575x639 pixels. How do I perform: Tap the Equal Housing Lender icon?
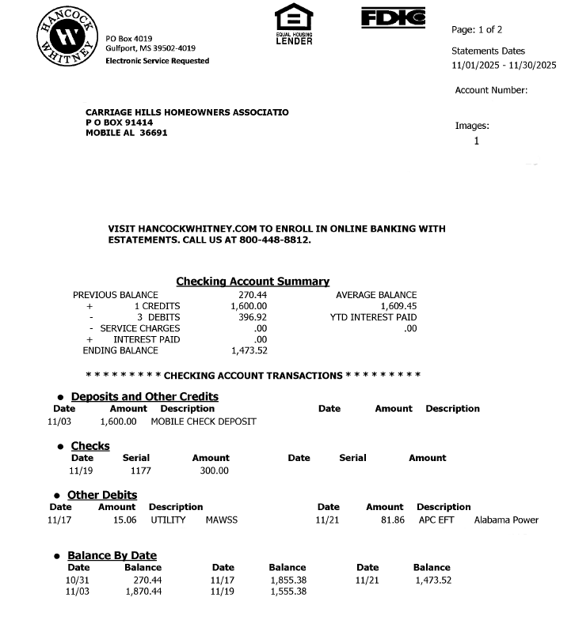pyautogui.click(x=293, y=24)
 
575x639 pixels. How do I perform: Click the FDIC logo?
pyautogui.click(x=393, y=17)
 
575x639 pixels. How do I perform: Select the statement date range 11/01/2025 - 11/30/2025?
pyautogui.click(x=504, y=66)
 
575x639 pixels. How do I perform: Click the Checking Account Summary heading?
pyautogui.click(x=253, y=282)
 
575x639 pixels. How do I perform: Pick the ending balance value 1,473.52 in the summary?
pyautogui.click(x=249, y=350)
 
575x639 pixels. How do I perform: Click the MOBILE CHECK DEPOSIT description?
pyautogui.click(x=204, y=422)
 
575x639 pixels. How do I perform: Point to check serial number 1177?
pyautogui.click(x=140, y=471)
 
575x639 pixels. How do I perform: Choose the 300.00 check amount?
pyautogui.click(x=214, y=471)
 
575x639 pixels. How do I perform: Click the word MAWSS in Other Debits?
pyautogui.click(x=221, y=520)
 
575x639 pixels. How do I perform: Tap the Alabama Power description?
pyautogui.click(x=506, y=520)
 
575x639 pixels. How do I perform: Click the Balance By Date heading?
pyautogui.click(x=112, y=555)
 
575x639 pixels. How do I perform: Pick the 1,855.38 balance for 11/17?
pyautogui.click(x=287, y=580)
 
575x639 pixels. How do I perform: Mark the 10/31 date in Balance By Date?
pyautogui.click(x=78, y=580)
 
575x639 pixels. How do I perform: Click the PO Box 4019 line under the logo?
pyautogui.click(x=129, y=38)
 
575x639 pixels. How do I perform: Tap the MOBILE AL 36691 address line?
pyautogui.click(x=126, y=133)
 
